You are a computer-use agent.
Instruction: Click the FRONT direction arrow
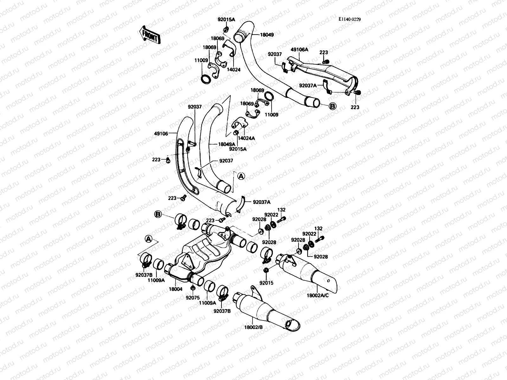tap(150, 35)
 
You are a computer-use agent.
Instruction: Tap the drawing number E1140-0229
tap(350, 19)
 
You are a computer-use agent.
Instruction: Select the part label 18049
tap(267, 35)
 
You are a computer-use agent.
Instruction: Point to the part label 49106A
tap(299, 50)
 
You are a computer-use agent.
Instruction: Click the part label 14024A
tap(246, 138)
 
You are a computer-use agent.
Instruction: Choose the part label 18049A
tap(227, 144)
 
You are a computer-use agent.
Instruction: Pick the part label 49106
tap(161, 134)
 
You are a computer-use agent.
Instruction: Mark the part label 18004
tap(176, 289)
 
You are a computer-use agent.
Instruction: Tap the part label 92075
tap(193, 298)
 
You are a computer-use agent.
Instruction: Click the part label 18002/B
tap(253, 327)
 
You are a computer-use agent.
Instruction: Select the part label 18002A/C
tap(318, 295)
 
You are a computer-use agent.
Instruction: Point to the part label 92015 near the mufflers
tap(266, 283)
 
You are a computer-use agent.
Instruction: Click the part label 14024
tap(234, 70)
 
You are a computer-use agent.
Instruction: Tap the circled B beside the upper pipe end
tap(332, 106)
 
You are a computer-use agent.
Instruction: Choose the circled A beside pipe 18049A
tap(241, 176)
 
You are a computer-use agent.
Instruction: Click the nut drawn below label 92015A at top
tap(226, 29)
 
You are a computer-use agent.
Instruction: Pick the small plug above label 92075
tap(192, 288)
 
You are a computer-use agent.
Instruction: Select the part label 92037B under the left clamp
tap(144, 275)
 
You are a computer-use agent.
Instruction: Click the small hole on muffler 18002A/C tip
tap(328, 281)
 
